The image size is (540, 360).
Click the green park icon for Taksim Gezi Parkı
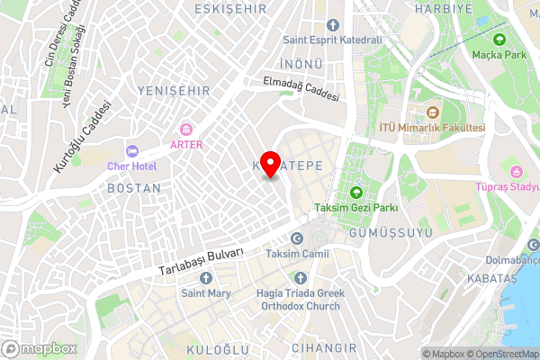(x=355, y=193)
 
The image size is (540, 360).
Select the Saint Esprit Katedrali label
(x=332, y=40)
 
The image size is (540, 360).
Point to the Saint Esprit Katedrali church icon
(x=333, y=24)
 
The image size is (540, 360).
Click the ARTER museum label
(x=187, y=144)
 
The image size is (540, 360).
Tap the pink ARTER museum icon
(x=187, y=130)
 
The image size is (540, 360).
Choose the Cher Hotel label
(x=131, y=166)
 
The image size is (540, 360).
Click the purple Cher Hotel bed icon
(x=131, y=151)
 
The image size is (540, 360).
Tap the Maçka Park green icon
(x=499, y=40)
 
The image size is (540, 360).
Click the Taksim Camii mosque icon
(x=297, y=239)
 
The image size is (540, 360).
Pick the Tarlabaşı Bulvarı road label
(x=202, y=263)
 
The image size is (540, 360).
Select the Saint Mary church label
(x=206, y=293)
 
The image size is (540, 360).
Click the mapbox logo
(x=40, y=349)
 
